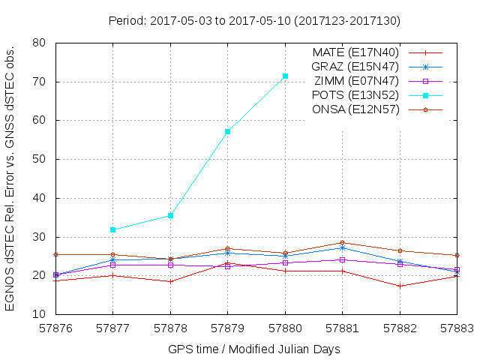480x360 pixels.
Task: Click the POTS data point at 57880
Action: [x=285, y=76]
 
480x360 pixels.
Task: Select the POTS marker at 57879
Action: [x=227, y=131]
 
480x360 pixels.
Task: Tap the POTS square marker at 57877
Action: [x=112, y=229]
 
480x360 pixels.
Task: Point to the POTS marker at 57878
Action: [x=170, y=215]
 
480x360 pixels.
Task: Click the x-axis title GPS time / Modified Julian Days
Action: [x=254, y=349]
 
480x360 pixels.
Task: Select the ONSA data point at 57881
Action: [x=343, y=243]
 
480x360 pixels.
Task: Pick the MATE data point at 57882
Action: [x=400, y=286]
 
